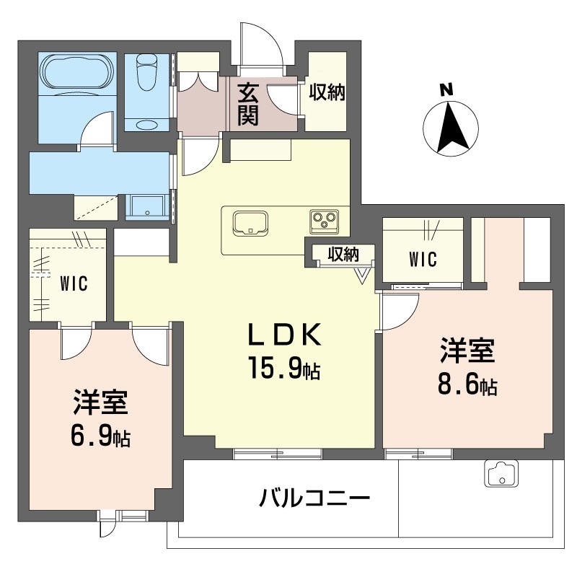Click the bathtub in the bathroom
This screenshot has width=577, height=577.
tap(77, 71)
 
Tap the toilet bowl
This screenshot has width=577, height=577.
tap(146, 72)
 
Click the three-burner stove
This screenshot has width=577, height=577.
tap(324, 221)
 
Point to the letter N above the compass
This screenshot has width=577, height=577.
tap(447, 89)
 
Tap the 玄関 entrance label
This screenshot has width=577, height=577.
tap(247, 104)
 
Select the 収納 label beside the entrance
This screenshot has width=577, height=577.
tap(327, 92)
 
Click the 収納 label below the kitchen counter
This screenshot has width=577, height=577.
tap(343, 255)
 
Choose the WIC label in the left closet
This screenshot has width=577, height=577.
tap(74, 283)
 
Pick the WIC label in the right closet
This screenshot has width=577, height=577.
tap(423, 259)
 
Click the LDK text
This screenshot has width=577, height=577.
tap(284, 334)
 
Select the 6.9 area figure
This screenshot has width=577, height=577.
tap(91, 436)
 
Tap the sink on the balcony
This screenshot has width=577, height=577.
tap(501, 474)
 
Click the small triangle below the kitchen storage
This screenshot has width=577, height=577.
tap(363, 276)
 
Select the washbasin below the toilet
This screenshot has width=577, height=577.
tap(146, 124)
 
